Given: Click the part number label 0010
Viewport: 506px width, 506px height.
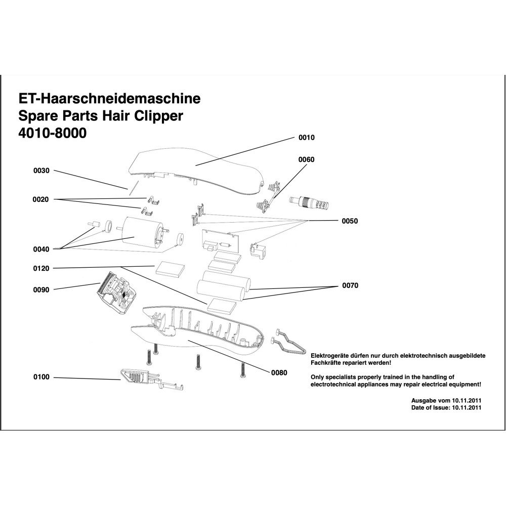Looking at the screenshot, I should pyautogui.click(x=307, y=138).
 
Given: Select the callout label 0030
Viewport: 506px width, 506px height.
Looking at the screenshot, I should pyautogui.click(x=41, y=171).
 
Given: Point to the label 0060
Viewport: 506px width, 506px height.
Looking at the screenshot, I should pyautogui.click(x=307, y=159).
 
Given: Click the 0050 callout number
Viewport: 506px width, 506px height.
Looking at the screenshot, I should pyautogui.click(x=350, y=221).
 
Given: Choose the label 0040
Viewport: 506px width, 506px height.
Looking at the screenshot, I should pyautogui.click(x=41, y=249).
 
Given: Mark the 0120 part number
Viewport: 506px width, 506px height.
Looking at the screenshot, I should pyautogui.click(x=41, y=268).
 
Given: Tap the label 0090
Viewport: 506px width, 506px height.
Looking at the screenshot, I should pyautogui.click(x=41, y=289).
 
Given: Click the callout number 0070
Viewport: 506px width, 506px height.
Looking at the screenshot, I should pyautogui.click(x=350, y=285).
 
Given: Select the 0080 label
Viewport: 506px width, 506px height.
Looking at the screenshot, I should pyautogui.click(x=279, y=373).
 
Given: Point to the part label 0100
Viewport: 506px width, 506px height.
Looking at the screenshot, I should pyautogui.click(x=41, y=377).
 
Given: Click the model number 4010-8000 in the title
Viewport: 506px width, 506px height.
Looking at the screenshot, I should pyautogui.click(x=52, y=134).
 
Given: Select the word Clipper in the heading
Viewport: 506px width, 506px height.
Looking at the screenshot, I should pyautogui.click(x=159, y=116).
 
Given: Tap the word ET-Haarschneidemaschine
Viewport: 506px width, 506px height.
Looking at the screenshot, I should pyautogui.click(x=109, y=98).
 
